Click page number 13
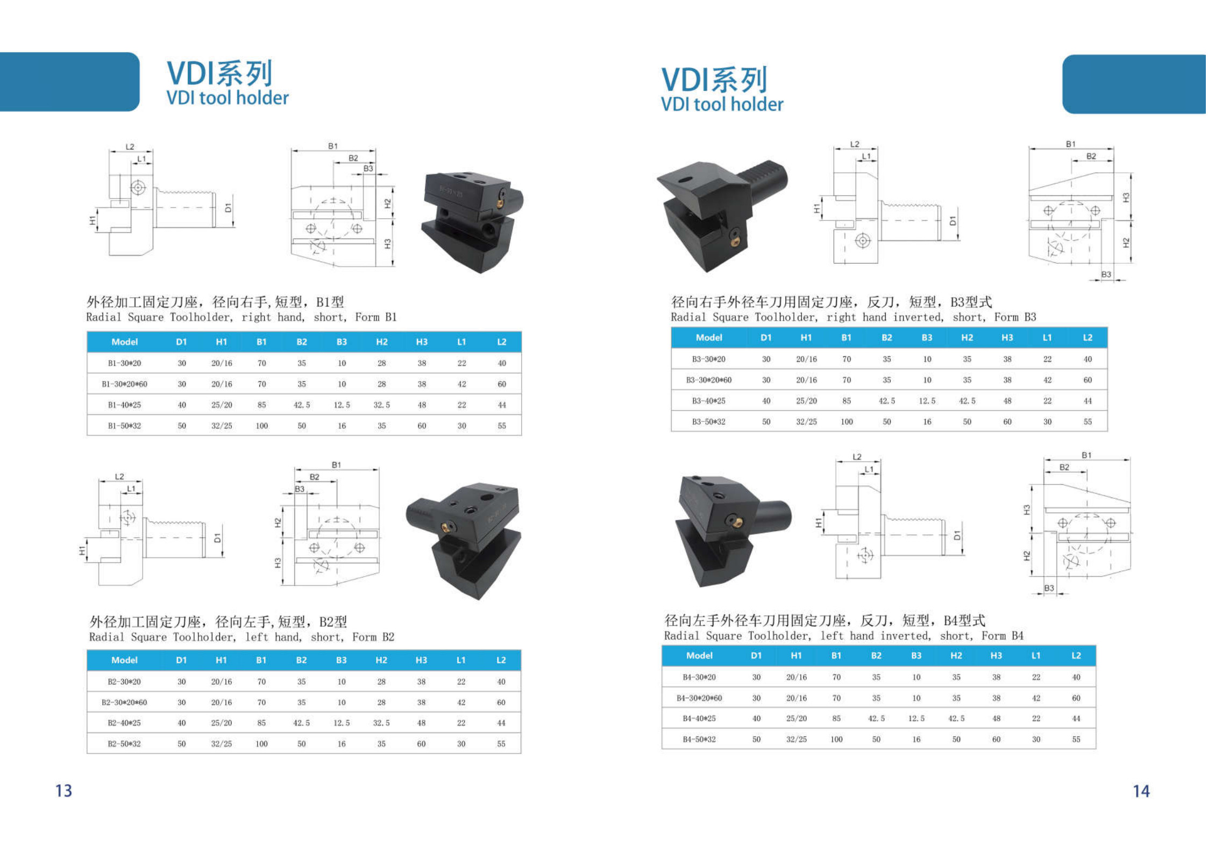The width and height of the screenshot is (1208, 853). [63, 791]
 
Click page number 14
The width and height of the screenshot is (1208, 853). [1141, 791]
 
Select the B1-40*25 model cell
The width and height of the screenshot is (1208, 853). [124, 405]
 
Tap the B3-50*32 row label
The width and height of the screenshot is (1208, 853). [708, 422]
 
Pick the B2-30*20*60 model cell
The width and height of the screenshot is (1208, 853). [124, 703]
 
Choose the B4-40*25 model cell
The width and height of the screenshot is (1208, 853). [699, 719]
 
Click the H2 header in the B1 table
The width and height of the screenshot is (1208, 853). [381, 342]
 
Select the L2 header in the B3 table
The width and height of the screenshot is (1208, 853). [1087, 338]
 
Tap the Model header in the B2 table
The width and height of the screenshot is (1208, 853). [124, 660]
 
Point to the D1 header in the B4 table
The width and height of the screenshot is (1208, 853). [756, 656]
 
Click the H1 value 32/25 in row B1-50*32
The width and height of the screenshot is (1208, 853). [222, 426]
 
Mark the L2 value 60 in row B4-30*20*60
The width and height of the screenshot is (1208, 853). [1076, 698]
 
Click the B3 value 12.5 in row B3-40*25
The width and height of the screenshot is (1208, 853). [927, 401]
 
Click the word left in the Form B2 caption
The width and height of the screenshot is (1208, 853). [257, 637]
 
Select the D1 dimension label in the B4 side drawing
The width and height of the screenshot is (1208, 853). [957, 535]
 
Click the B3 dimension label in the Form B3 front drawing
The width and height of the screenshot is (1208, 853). [1106, 274]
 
